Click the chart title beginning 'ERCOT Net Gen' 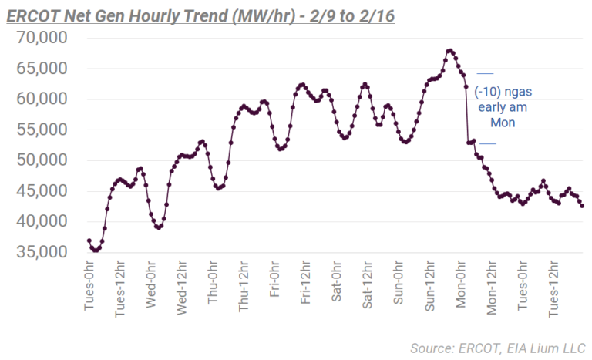[x=200, y=15]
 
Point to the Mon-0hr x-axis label [x=460, y=286]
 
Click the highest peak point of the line [x=449, y=51]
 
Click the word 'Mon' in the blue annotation [x=503, y=123]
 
